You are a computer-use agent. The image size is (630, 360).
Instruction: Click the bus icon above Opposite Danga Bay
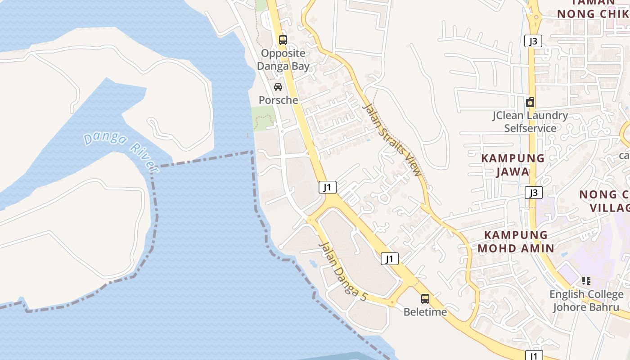click(283, 40)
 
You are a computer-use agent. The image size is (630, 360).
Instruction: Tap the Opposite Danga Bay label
click(283, 59)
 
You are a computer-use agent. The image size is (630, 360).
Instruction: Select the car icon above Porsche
click(278, 87)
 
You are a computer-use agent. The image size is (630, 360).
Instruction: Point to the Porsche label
click(278, 100)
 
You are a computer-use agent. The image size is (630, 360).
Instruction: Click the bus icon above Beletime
click(425, 298)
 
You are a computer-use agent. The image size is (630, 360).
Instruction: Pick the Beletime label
click(425, 312)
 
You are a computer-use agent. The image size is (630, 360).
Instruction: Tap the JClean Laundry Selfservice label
click(530, 122)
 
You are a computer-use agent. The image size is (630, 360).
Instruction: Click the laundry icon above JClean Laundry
click(530, 102)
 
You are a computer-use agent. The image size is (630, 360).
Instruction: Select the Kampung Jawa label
click(513, 165)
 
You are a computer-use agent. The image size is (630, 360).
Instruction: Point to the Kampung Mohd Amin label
click(516, 241)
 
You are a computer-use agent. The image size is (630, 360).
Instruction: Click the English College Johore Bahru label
click(586, 301)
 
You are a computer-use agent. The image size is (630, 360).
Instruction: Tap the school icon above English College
click(586, 281)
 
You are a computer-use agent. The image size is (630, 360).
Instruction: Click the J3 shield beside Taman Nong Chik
click(533, 41)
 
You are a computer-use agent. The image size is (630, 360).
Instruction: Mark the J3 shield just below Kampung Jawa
click(533, 193)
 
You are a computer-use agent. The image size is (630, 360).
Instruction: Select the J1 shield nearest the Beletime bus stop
click(390, 259)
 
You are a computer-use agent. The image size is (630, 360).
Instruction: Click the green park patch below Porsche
click(264, 119)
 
